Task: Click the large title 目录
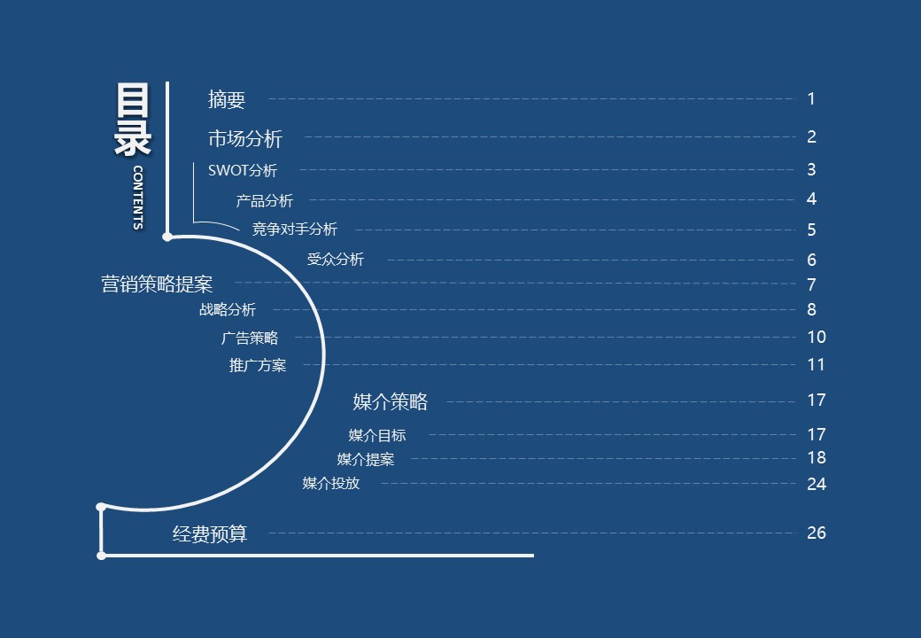tap(134, 119)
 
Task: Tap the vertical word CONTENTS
tap(137, 197)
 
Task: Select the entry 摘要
tap(227, 100)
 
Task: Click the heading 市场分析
tap(245, 138)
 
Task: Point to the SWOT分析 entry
tap(243, 170)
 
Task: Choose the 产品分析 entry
tap(264, 201)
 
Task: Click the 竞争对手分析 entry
tap(295, 230)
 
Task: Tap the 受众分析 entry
tap(335, 260)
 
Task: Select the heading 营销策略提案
tap(157, 284)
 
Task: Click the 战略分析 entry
tap(228, 309)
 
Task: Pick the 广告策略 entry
tap(249, 338)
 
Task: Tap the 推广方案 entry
tap(258, 365)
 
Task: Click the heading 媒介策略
tap(391, 401)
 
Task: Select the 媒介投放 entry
tap(331, 483)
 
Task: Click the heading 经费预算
tap(210, 533)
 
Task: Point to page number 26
tap(817, 533)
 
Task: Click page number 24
tap(817, 484)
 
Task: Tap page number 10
tap(817, 337)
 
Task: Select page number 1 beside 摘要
tap(811, 99)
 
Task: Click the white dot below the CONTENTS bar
tap(167, 237)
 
